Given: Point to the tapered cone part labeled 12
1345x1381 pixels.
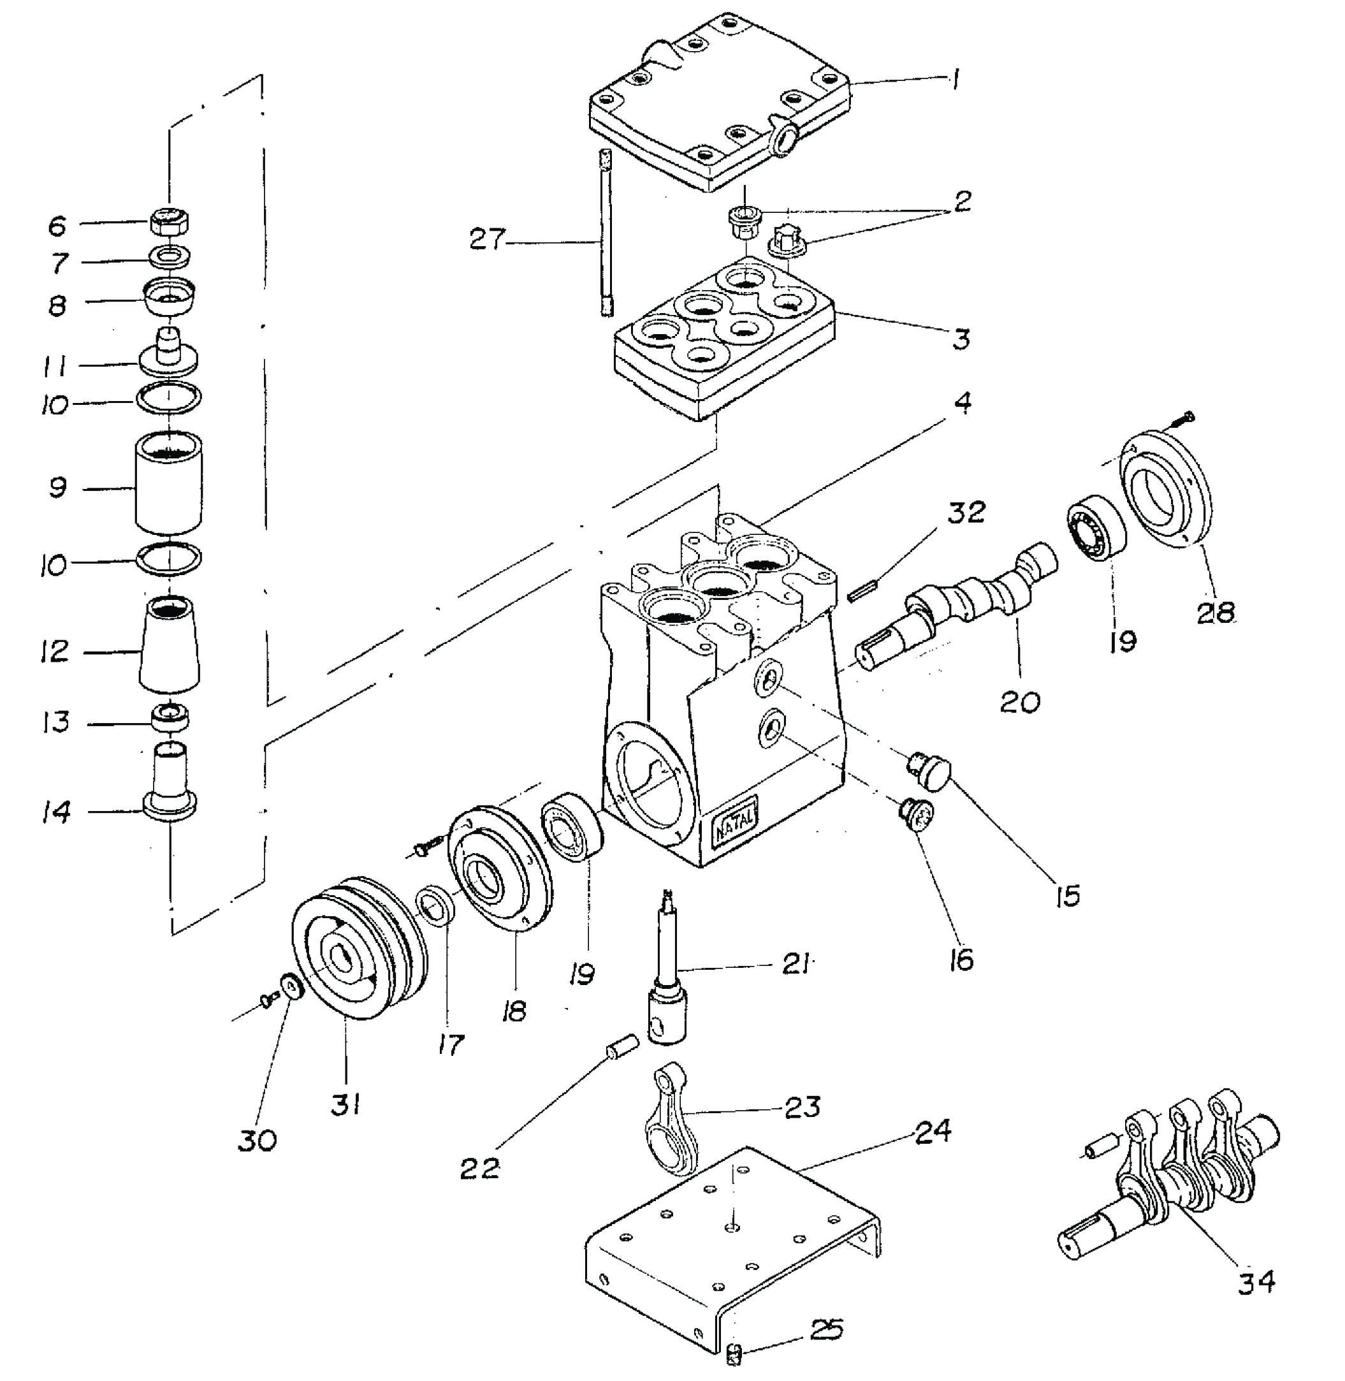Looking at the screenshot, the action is [170, 643].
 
